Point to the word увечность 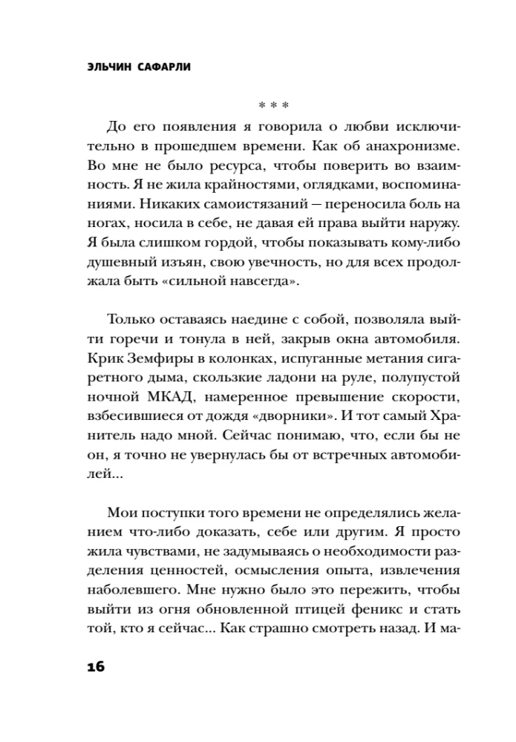270,261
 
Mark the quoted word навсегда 263,282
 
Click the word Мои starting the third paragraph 122,514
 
